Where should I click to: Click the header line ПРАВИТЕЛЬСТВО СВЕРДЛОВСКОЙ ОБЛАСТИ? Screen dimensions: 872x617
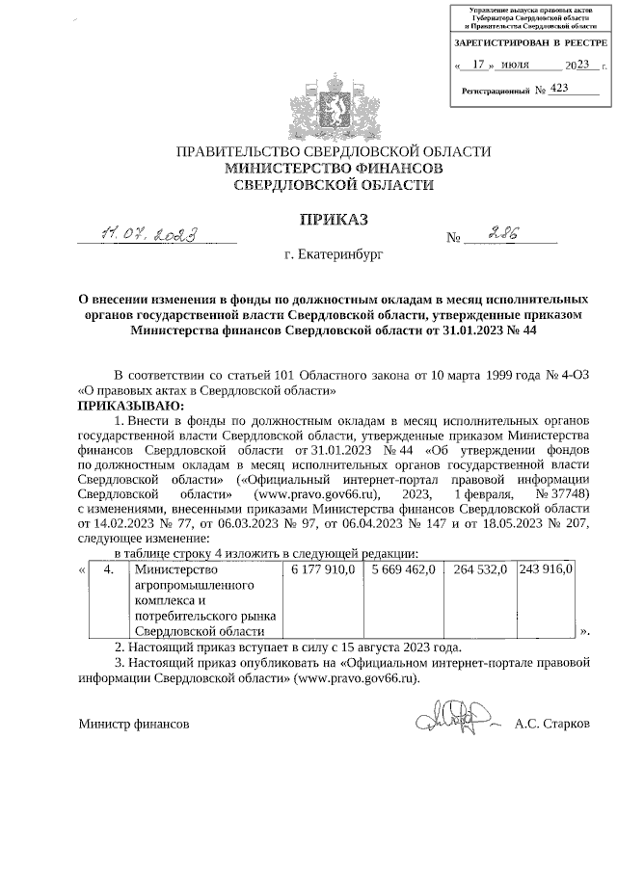(333, 152)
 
